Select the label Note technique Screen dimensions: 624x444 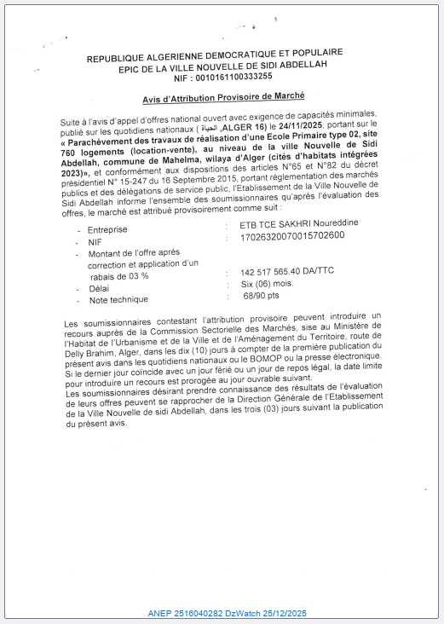pos(118,299)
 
